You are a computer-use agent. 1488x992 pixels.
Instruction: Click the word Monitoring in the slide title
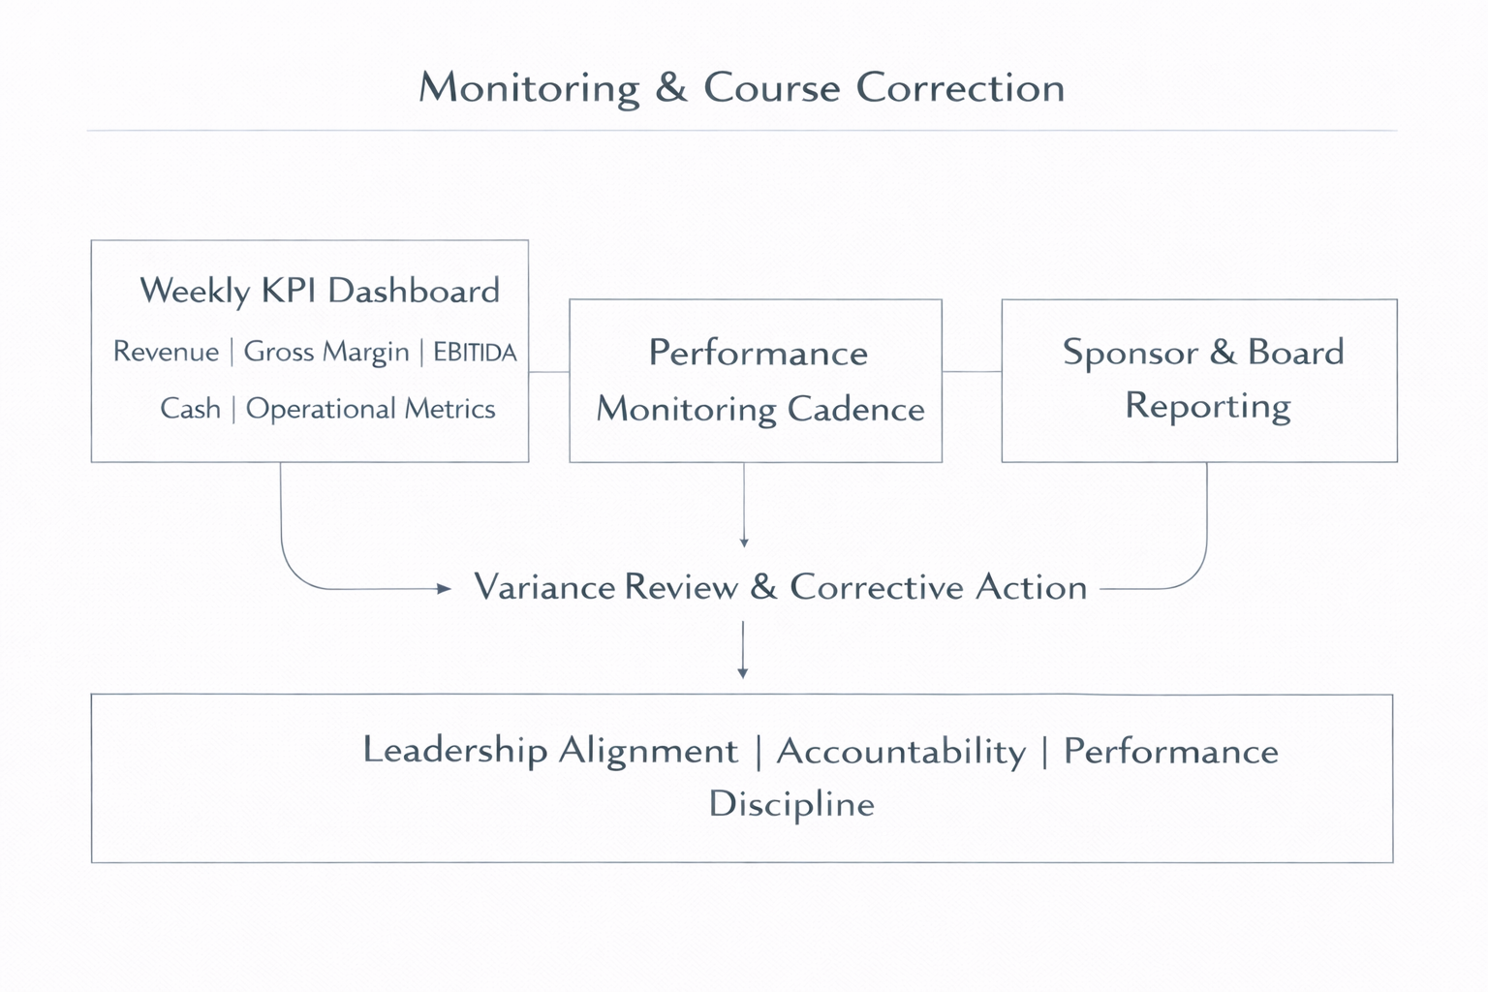(529, 88)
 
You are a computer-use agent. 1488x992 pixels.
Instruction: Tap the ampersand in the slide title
(670, 88)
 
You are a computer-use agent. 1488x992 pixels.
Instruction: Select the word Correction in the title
(960, 88)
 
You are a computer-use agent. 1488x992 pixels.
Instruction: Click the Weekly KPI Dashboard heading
(320, 291)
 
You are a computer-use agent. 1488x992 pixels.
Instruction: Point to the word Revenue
(166, 352)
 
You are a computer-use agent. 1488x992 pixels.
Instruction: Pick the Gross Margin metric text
(325, 352)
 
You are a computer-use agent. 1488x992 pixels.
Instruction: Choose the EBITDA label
(475, 352)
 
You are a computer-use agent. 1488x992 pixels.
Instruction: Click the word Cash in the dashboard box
(190, 409)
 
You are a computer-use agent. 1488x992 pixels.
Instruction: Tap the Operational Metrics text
(370, 409)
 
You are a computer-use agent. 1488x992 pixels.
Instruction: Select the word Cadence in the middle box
(855, 409)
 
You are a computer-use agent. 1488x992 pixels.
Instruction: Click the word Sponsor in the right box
(1130, 352)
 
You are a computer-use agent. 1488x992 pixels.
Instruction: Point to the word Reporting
(1207, 406)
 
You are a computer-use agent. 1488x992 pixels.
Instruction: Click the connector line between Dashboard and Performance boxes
(549, 371)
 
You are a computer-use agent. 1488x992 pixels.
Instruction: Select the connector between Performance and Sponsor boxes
(972, 371)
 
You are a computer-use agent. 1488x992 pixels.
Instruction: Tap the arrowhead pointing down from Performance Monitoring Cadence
(744, 542)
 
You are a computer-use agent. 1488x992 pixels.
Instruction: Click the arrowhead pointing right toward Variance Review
(445, 588)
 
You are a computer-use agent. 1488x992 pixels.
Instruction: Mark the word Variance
(544, 587)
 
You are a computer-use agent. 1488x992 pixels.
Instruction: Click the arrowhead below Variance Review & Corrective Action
(743, 672)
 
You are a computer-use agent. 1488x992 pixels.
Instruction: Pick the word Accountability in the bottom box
(901, 752)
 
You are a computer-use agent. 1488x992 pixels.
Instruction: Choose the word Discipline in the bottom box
(791, 804)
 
